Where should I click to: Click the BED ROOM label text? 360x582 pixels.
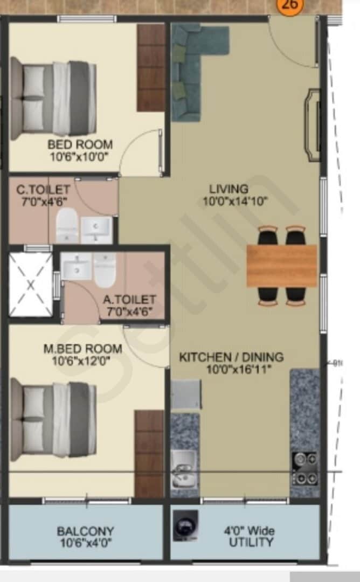tap(80, 144)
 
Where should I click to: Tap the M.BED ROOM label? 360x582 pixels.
tap(82, 349)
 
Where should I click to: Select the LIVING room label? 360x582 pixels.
tap(229, 189)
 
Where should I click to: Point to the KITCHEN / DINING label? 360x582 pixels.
tap(231, 357)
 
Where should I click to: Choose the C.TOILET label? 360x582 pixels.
tap(43, 190)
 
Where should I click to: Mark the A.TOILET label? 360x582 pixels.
tap(130, 299)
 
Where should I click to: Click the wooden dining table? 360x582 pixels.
tap(282, 265)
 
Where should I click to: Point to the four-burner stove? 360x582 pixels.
tap(305, 468)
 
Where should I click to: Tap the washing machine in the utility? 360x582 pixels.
tap(185, 524)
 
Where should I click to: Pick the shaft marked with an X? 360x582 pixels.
tap(31, 285)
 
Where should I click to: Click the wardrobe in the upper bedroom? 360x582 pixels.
tap(150, 67)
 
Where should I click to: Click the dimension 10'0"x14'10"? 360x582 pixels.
tap(235, 202)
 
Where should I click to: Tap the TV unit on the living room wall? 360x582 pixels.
tap(312, 122)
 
